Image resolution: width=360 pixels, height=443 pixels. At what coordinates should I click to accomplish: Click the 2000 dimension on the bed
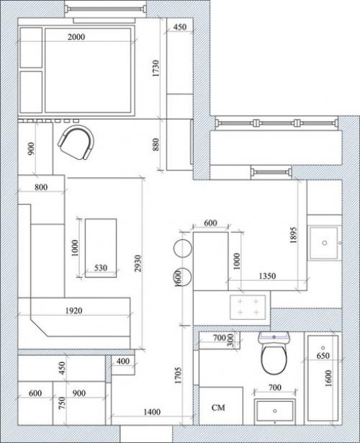76,37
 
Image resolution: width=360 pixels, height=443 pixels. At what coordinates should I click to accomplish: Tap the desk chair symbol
76,143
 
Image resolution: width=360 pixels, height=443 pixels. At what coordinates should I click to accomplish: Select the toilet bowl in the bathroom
274,359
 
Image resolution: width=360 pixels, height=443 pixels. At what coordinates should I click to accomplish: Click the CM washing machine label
218,408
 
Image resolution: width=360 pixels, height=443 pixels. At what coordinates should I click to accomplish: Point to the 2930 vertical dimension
138,264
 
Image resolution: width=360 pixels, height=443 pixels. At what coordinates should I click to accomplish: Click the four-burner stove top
248,308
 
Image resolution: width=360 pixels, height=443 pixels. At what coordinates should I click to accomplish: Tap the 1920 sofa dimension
74,310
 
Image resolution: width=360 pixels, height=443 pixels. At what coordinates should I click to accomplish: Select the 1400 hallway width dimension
152,412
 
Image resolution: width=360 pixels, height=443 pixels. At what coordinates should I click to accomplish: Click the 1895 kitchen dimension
293,235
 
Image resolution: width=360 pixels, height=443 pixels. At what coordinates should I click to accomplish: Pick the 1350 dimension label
267,276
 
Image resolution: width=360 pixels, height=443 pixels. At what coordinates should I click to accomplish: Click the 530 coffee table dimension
101,267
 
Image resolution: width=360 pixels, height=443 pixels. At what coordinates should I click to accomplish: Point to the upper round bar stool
183,249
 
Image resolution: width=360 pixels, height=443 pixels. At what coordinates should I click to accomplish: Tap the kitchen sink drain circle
325,243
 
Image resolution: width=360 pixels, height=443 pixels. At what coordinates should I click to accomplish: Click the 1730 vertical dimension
156,68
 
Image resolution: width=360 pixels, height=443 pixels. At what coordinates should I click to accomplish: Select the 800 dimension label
41,187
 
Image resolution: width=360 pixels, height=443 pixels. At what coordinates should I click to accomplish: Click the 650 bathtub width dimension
323,355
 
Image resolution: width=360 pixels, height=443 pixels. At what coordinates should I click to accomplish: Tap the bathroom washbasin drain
275,411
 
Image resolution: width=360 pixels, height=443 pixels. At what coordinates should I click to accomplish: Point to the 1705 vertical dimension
178,375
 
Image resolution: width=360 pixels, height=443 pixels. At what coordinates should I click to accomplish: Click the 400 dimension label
123,361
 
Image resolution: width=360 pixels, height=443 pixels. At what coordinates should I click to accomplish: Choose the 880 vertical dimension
156,144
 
